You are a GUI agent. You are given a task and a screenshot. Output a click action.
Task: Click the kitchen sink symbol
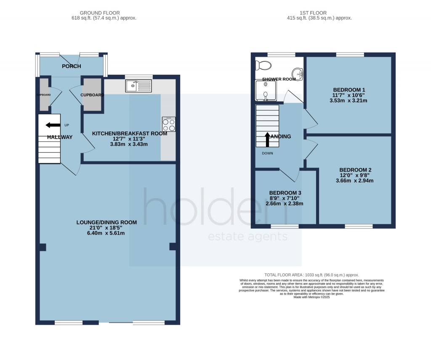click(x=138, y=86)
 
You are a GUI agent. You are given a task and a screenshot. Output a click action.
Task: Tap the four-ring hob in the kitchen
click(x=169, y=124)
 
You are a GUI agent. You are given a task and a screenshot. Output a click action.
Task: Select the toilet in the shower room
click(x=264, y=65)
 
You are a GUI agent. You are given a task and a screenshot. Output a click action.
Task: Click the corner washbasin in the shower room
click(x=299, y=74)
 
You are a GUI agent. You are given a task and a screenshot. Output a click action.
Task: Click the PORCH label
click(x=71, y=66)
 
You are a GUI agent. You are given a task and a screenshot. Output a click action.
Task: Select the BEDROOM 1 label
click(x=349, y=90)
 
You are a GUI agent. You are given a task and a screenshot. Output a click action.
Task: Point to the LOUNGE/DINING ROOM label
click(x=106, y=222)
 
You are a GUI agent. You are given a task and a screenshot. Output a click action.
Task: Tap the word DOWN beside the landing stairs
click(x=267, y=153)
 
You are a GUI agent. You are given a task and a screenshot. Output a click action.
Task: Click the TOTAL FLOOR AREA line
click(x=311, y=275)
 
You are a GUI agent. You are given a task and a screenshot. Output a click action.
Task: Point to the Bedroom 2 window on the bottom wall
click(x=359, y=226)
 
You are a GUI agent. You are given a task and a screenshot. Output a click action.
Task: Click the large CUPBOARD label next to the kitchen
click(x=92, y=95)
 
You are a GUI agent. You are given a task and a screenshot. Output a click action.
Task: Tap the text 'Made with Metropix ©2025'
click(x=311, y=297)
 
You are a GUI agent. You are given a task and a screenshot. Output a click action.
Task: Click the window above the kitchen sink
click(x=138, y=77)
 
